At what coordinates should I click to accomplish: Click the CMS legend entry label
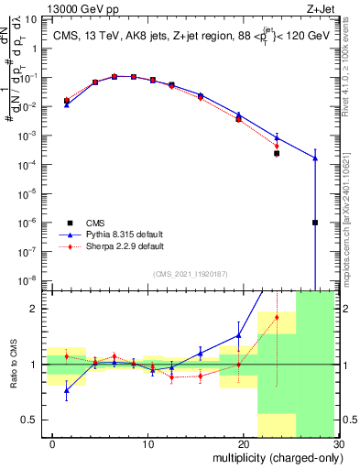95,223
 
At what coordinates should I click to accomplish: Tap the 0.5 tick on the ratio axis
37,420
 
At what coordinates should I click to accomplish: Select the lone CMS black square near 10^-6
315,223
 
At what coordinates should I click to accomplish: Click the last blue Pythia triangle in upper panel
315,158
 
